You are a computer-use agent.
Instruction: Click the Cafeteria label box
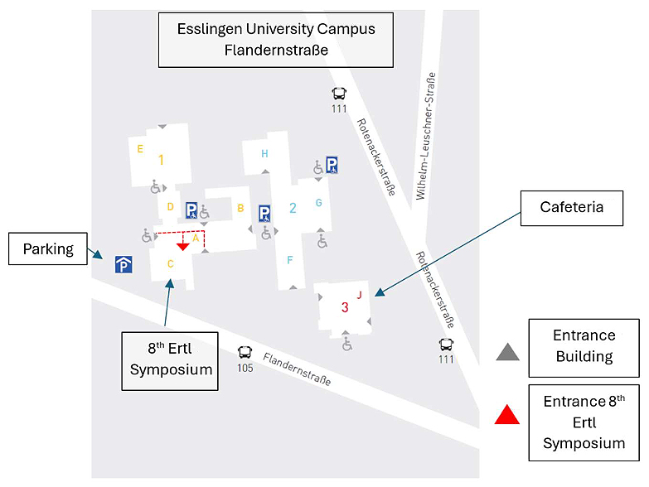572,208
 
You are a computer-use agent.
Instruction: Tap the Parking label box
48,248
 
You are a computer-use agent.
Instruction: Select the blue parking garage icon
124,264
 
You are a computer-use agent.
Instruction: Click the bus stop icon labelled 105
245,352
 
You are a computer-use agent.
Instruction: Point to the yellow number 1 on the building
161,160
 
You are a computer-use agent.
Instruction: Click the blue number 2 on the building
293,208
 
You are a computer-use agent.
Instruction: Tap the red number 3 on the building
345,307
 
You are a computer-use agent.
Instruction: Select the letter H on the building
264,154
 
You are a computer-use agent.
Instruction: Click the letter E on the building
140,149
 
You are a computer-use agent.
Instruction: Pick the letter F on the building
290,260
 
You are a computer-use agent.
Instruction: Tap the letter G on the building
319,203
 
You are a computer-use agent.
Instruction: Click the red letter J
359,295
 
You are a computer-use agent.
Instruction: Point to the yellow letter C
170,263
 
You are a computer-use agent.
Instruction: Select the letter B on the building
240,208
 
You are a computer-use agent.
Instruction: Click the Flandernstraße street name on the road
297,369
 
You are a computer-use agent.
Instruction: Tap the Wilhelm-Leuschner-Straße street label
426,136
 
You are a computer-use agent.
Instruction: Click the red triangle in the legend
507,415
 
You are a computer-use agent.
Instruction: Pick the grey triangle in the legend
507,352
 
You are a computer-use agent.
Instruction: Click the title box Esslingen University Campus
276,40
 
